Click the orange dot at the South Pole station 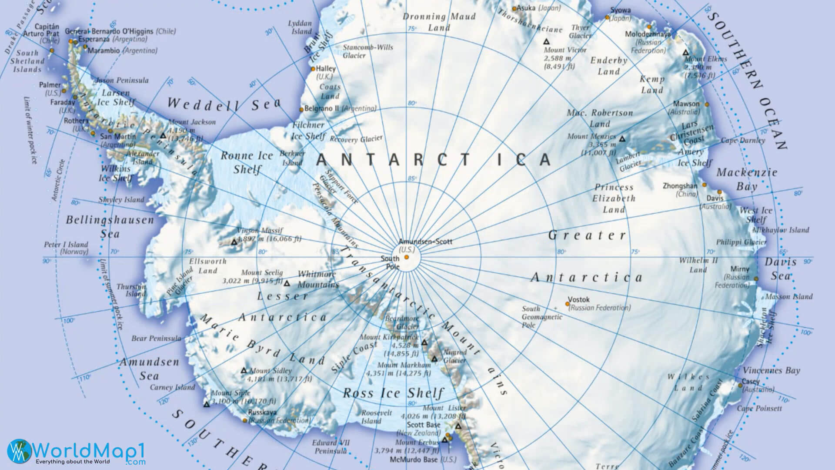407,257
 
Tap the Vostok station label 579,299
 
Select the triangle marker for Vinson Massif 234,242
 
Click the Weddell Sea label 224,104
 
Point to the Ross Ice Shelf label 393,393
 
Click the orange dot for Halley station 313,69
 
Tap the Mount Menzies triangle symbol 622,139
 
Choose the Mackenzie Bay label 746,179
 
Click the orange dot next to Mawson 707,104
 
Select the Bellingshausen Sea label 110,226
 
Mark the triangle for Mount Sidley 244,371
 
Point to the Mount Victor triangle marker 546,42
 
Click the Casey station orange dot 740,386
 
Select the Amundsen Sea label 149,369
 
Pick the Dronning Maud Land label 439,22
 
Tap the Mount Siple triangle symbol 207,404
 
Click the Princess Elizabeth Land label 614,198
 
